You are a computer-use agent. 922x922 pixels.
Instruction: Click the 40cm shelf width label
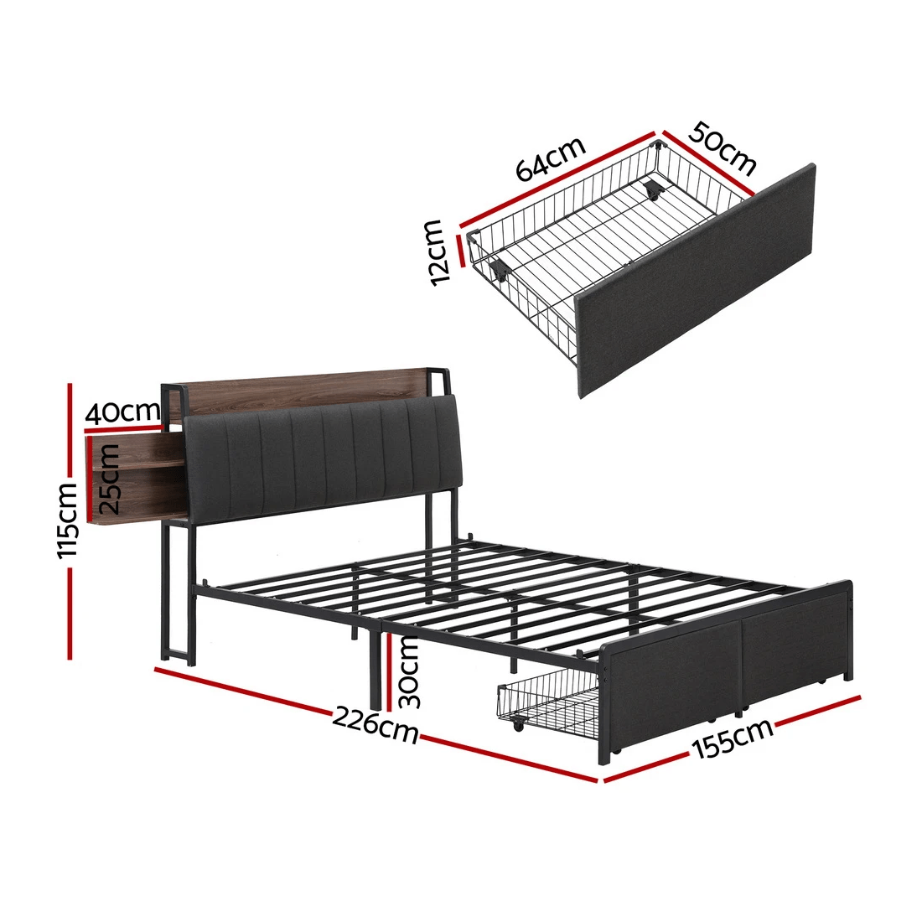122,412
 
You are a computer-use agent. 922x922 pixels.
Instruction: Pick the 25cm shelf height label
108,479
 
